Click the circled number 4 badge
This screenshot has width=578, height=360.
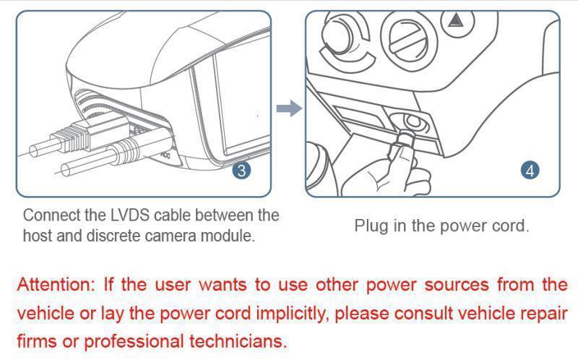click(530, 171)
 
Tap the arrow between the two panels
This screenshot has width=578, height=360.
click(288, 109)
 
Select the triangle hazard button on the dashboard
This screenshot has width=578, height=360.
click(455, 20)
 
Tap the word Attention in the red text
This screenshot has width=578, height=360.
click(55, 284)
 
